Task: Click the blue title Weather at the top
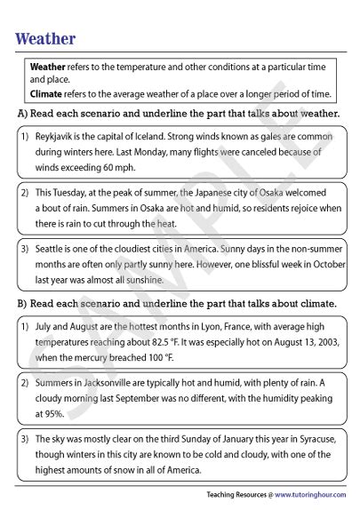click(45, 39)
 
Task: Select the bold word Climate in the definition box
click(45, 93)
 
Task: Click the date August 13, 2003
click(291, 331)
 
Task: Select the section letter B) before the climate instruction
click(21, 303)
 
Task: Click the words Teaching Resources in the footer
click(234, 494)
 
